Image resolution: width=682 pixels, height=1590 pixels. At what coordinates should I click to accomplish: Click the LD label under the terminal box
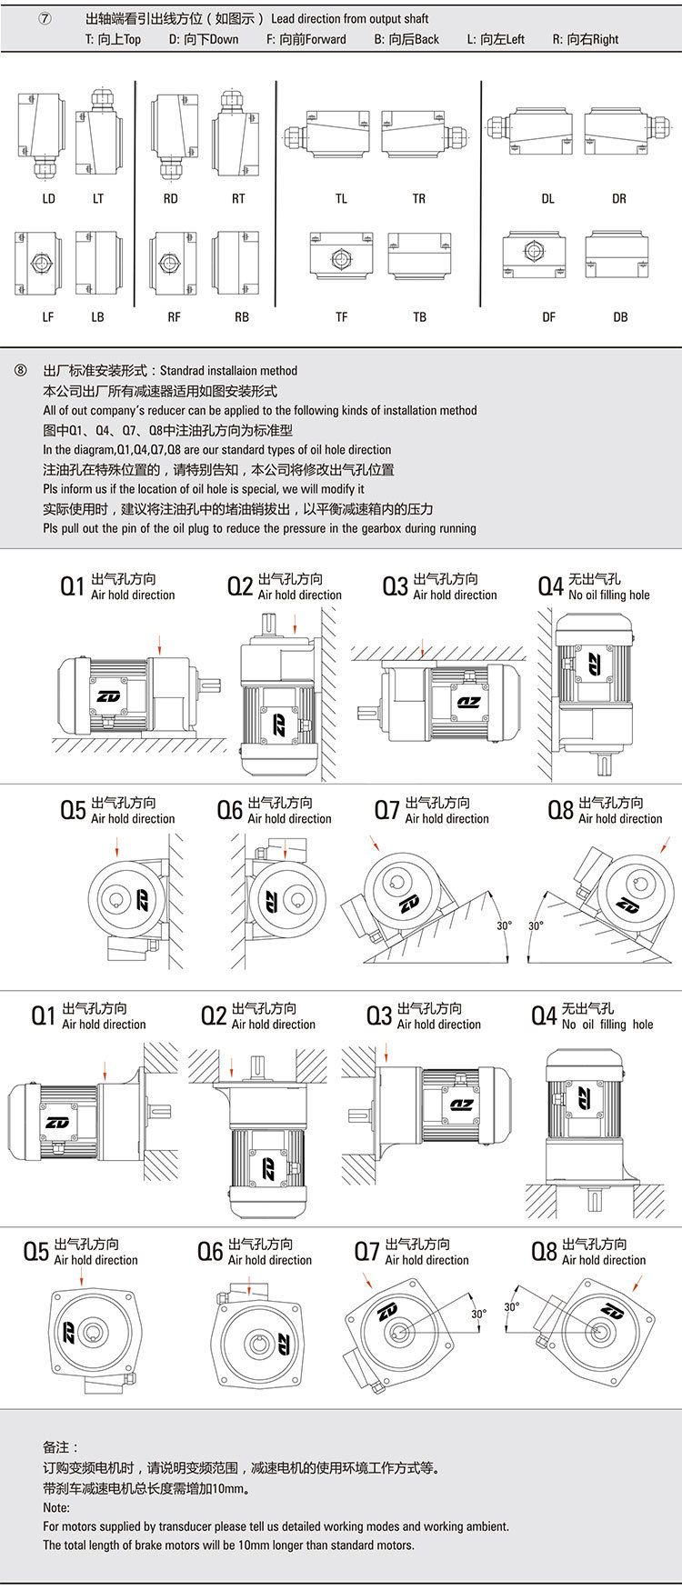48,198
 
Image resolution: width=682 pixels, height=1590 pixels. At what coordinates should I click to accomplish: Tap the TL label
341,198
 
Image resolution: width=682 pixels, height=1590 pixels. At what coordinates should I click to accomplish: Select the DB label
620,316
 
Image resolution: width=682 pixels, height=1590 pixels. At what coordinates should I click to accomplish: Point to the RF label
174,316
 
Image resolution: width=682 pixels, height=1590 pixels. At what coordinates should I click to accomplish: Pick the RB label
241,316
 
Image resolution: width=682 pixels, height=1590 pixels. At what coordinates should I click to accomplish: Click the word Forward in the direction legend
326,39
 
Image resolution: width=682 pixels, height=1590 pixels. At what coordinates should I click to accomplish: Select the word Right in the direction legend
604,39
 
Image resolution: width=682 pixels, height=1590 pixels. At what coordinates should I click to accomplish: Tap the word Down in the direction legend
223,39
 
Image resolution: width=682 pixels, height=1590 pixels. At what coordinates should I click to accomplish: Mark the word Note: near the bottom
56,1507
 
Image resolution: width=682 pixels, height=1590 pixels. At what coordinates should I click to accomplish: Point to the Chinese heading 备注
60,1447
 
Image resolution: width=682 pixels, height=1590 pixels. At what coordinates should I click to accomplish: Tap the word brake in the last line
132,1545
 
